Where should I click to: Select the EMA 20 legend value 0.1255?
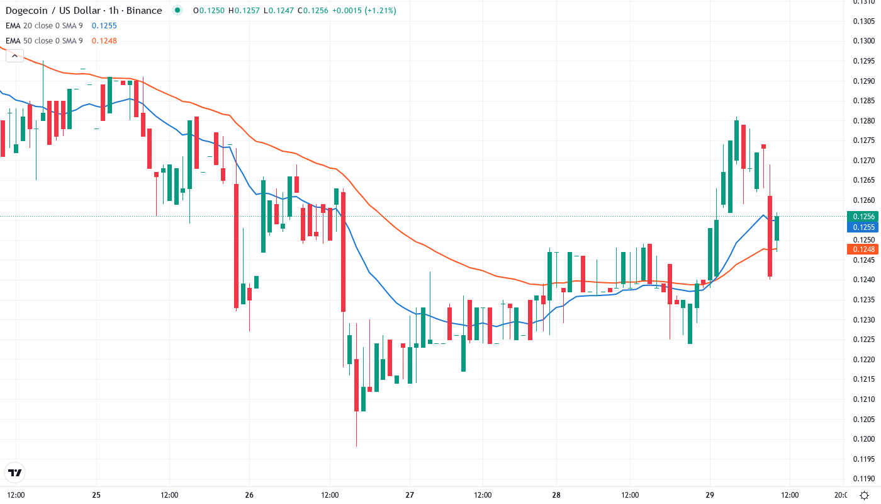104,26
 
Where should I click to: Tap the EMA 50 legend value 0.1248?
104,41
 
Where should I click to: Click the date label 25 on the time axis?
96,495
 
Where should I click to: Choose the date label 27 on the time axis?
410,495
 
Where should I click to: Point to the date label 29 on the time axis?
709,495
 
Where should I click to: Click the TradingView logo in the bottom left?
15,472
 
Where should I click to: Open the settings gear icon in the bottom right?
865,495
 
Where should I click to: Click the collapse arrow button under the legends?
14,55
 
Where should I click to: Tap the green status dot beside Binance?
177,10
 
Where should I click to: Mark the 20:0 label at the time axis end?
840,495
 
